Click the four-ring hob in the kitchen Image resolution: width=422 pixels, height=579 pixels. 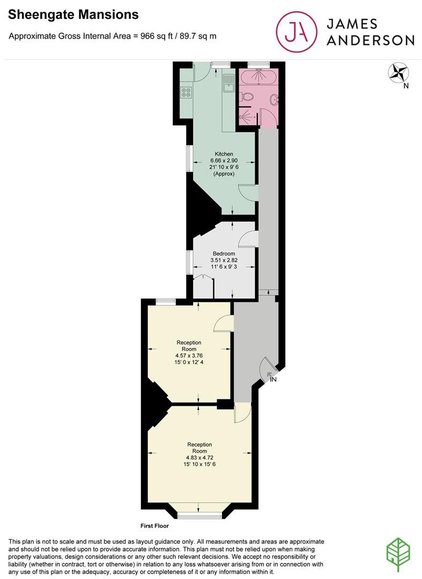186,93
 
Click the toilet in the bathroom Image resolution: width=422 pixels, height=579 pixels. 247,97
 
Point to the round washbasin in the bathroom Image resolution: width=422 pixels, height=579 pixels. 275,99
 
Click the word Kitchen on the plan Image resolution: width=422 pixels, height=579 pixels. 224,154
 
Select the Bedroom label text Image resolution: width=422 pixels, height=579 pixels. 224,254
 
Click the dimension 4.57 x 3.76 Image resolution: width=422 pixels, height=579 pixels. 189,355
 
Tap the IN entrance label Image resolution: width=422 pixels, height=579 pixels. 273,380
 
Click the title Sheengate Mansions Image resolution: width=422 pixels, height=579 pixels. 73,15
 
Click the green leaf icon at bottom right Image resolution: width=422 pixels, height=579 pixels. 398,552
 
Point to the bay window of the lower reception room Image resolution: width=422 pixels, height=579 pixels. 199,515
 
